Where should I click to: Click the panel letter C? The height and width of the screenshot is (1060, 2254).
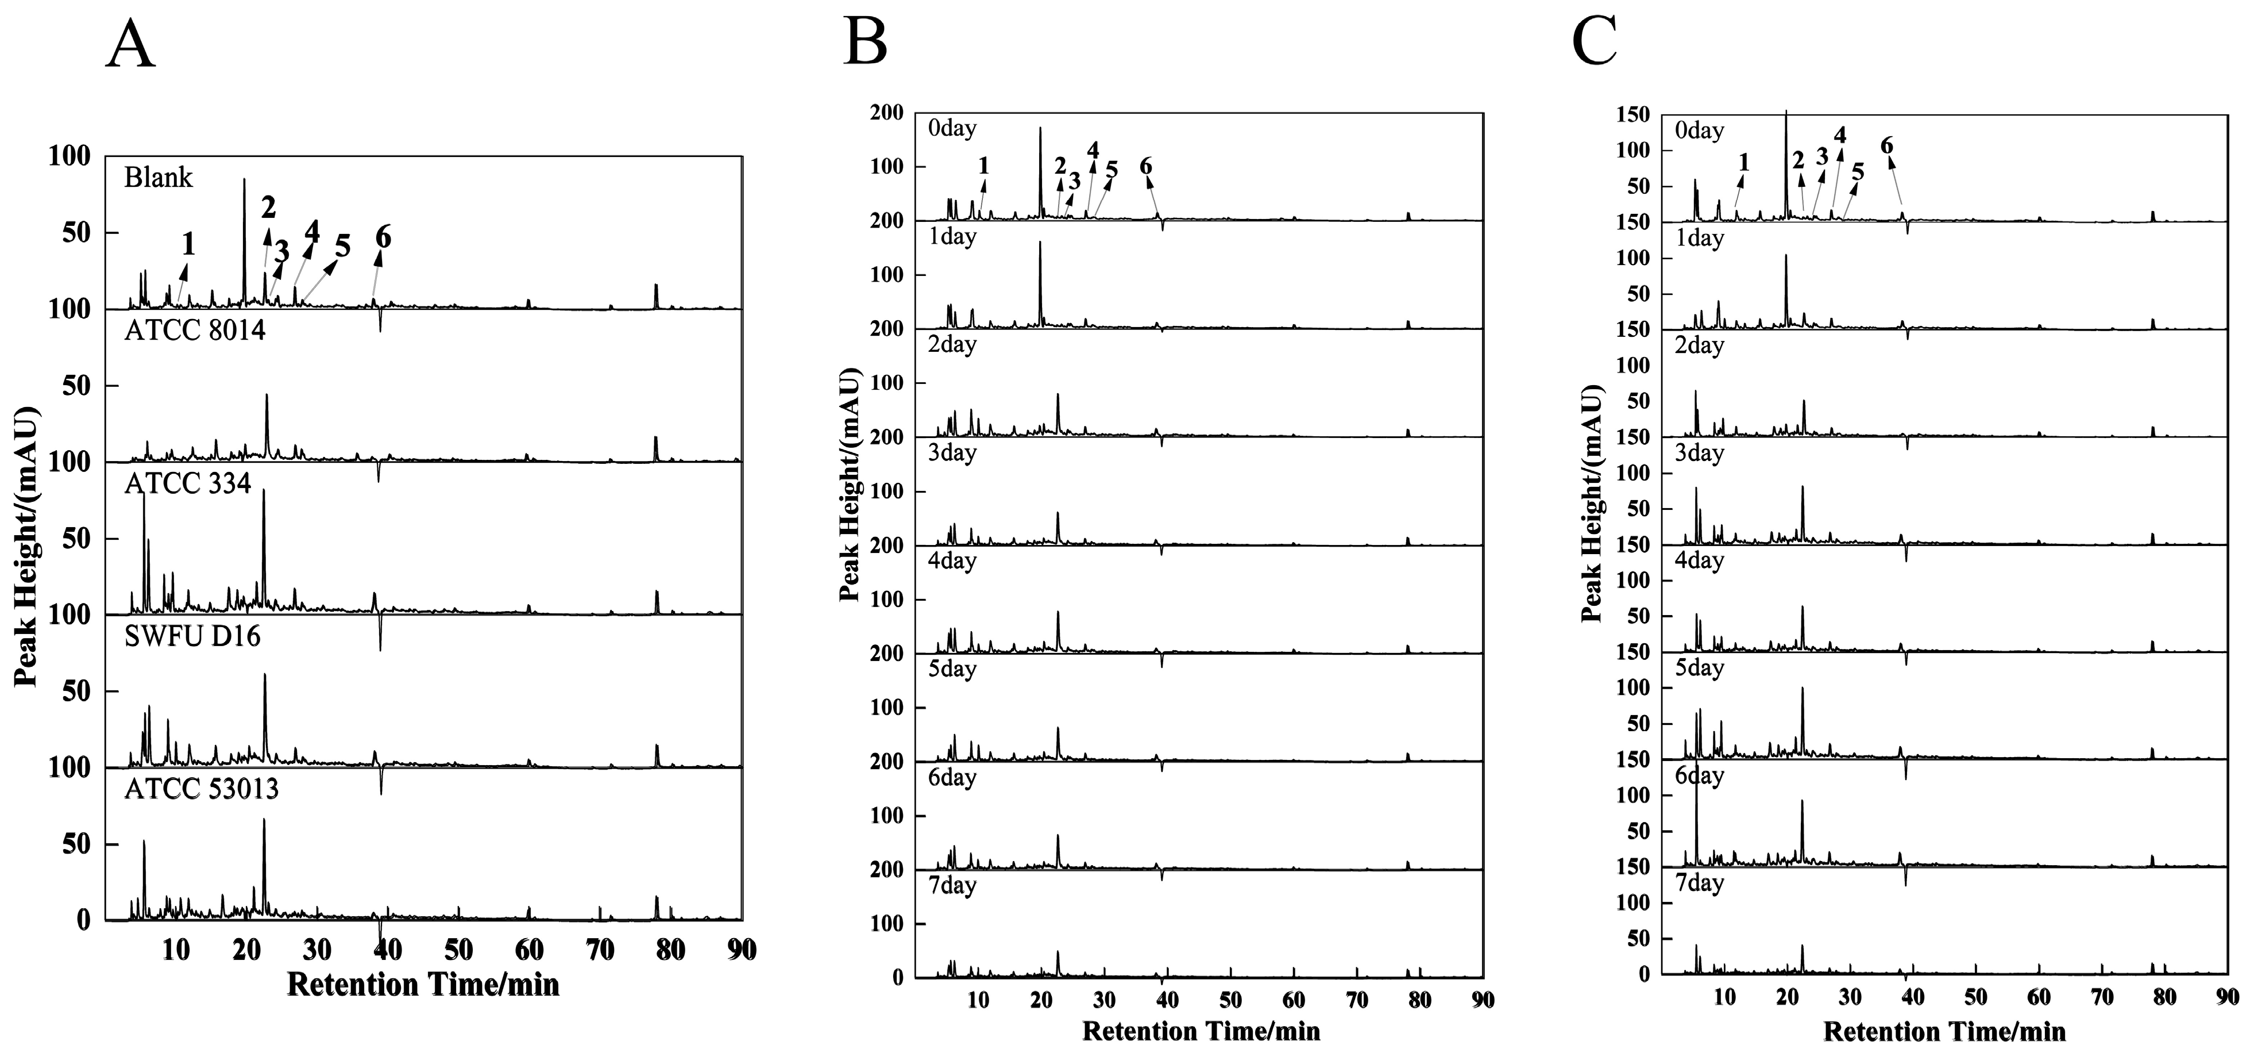[1594, 41]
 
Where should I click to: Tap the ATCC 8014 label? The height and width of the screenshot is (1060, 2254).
[195, 331]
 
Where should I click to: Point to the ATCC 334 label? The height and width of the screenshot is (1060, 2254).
[187, 483]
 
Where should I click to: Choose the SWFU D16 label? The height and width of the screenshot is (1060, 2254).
[192, 636]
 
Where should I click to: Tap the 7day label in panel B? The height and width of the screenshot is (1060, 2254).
[952, 886]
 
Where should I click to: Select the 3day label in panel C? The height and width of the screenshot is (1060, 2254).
[1699, 454]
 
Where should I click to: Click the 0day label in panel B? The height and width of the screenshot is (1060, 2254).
[952, 129]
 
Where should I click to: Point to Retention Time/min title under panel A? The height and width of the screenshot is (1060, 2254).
[423, 985]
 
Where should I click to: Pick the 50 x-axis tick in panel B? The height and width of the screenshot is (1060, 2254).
[1230, 1000]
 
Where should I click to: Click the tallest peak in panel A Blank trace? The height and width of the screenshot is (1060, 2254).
[244, 180]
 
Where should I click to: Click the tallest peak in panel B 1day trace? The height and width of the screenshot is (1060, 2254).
[1040, 243]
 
